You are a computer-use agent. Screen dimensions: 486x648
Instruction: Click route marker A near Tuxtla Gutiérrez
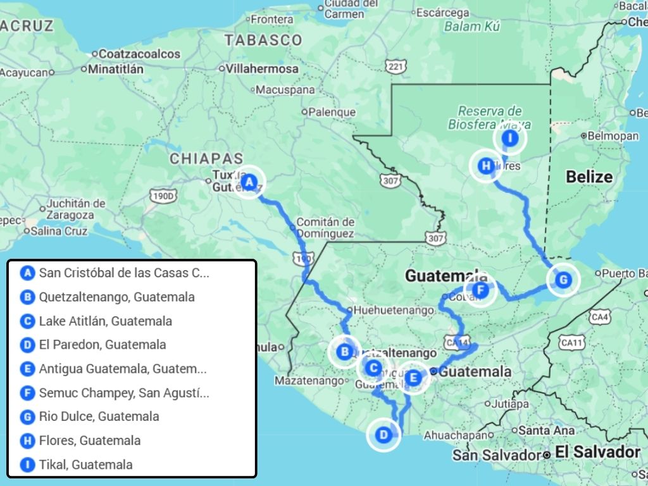249,182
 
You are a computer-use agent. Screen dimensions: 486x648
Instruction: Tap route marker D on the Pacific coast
383,435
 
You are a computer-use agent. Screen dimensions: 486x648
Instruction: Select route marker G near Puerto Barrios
562,279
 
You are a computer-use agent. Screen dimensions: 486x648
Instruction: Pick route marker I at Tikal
510,138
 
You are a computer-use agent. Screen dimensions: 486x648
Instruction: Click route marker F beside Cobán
480,290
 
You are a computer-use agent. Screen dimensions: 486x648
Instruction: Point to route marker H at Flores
485,166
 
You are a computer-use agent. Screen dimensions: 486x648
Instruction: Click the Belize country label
589,177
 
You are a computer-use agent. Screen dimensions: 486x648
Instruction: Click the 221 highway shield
396,67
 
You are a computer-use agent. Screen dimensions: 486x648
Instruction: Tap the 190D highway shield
163,196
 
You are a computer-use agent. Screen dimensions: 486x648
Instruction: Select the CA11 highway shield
571,342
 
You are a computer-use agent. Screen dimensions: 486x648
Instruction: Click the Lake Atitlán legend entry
105,321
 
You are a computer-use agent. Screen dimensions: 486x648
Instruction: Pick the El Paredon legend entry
102,345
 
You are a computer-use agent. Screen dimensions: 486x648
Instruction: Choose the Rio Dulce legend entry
99,416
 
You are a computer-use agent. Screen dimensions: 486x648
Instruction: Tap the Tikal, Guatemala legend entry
85,464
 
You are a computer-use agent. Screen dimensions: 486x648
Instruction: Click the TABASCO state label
263,40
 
